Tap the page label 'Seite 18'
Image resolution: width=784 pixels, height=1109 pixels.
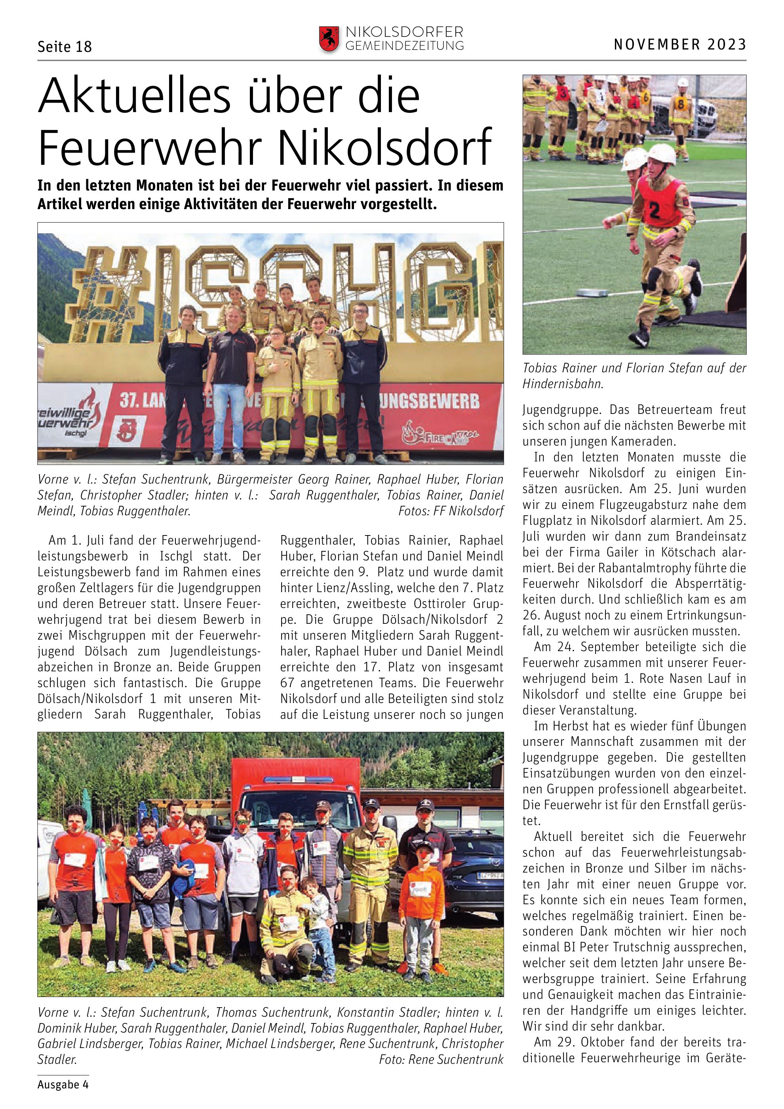click(x=64, y=47)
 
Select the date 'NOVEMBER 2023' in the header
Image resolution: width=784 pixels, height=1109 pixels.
click(x=680, y=44)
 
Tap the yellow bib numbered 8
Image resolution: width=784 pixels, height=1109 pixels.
click(x=681, y=104)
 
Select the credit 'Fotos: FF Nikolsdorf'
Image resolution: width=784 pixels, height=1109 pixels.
click(x=451, y=511)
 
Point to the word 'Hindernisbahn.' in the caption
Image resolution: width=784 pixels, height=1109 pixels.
click(x=562, y=384)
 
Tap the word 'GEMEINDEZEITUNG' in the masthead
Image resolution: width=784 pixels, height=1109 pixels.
click(x=405, y=46)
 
